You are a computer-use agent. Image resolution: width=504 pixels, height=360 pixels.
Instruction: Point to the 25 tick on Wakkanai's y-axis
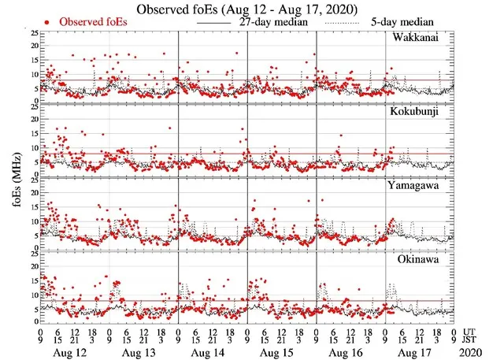pos(31,34)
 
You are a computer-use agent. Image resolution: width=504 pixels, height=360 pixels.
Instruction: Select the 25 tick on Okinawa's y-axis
pos(31,254)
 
